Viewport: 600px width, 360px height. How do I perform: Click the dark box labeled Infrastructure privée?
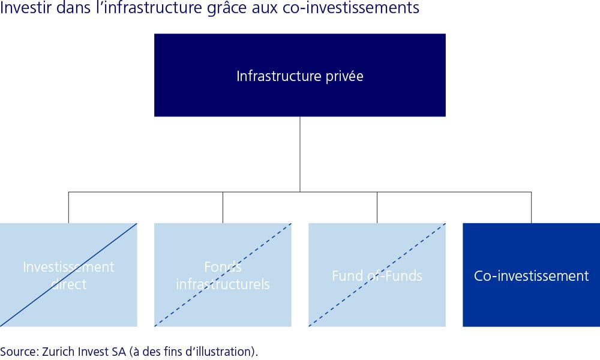299,75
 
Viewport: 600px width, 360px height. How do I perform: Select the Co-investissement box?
531,275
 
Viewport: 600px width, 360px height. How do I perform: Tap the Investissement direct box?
68,275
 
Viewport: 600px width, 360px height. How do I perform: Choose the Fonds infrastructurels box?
223,275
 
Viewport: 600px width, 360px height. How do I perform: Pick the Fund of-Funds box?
377,275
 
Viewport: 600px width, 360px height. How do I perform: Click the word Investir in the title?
25,8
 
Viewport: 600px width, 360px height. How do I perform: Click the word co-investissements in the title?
351,8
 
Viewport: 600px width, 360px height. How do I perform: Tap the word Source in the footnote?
19,351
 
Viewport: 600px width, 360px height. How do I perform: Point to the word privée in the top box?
344,76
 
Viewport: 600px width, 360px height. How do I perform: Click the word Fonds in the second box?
223,266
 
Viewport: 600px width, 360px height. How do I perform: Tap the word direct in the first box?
68,284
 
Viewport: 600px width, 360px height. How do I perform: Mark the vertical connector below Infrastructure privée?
299,154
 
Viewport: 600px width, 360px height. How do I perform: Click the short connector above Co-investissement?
531,208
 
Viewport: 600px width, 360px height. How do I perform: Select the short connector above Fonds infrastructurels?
223,208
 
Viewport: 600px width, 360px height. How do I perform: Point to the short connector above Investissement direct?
68,208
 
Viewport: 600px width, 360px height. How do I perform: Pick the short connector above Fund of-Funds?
377,208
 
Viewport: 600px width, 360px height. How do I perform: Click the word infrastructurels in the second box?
223,284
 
